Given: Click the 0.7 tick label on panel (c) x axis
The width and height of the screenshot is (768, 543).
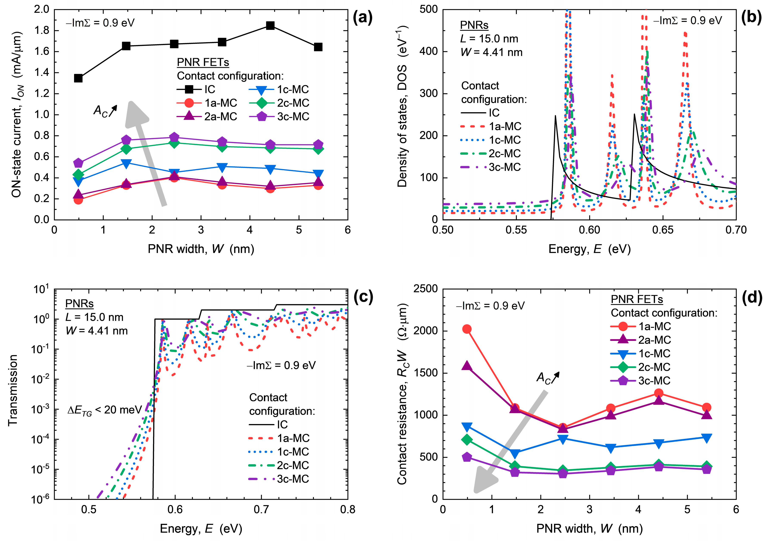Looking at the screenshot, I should pyautogui.click(x=262, y=510).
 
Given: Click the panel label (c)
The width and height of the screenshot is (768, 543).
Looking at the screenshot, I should pyautogui.click(x=363, y=297).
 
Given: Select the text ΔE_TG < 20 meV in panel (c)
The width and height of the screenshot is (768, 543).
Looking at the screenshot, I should pyautogui.click(x=104, y=410).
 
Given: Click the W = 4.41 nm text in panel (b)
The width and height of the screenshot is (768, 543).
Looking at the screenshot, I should pyautogui.click(x=491, y=53).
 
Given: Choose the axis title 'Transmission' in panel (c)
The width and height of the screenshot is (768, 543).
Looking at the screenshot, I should pyautogui.click(x=13, y=390).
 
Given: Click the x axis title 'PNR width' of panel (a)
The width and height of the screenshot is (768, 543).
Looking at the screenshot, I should pyautogui.click(x=201, y=249).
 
